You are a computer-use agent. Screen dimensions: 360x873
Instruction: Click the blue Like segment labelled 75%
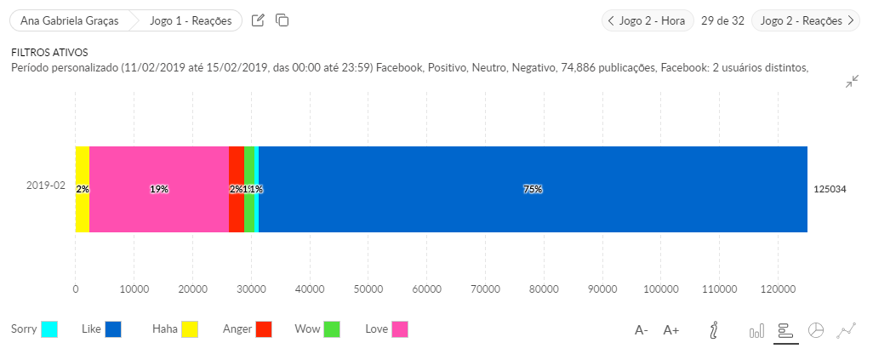pos(533,189)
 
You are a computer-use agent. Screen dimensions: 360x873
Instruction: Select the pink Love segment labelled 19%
pos(159,189)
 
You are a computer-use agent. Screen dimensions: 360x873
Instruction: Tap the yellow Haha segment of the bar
pos(82,189)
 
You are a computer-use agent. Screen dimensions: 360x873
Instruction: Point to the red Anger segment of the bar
pos(236,189)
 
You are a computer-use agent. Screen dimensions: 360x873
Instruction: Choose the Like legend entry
pos(101,329)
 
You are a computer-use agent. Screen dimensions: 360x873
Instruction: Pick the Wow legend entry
pos(317,329)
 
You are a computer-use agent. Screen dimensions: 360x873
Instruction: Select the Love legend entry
pos(386,329)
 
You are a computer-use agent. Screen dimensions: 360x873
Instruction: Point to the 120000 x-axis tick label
pos(778,289)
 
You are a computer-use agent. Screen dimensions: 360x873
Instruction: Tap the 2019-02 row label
pos(46,186)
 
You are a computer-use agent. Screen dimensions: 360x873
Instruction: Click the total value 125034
pos(830,189)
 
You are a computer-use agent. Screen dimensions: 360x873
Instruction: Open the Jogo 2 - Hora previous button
pos(648,20)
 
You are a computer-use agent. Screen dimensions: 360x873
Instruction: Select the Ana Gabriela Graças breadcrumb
pos(69,20)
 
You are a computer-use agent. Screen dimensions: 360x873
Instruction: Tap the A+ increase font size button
pos(671,330)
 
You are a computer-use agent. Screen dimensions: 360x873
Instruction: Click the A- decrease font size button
pos(642,330)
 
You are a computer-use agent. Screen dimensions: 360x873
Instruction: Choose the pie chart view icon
pos(815,330)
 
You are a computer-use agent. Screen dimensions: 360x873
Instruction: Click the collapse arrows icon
pos(852,82)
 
